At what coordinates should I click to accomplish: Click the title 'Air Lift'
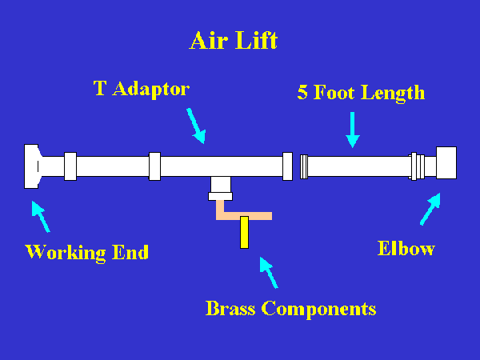[233, 41]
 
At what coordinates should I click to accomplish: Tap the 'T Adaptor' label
[142, 88]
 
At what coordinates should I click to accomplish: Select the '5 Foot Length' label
[361, 92]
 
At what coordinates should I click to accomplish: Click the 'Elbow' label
[406, 248]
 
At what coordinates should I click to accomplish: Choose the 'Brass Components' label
[290, 308]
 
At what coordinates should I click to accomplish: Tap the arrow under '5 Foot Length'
[353, 130]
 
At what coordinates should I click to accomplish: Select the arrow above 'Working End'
[40, 216]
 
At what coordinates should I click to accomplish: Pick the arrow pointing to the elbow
[430, 210]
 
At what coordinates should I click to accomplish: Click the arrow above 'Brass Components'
[269, 272]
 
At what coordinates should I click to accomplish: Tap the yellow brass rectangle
[244, 231]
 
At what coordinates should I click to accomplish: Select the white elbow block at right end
[445, 163]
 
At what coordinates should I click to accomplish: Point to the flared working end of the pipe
[31, 166]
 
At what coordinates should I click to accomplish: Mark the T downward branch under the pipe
[220, 187]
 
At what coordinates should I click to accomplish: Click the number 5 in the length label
[302, 92]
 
